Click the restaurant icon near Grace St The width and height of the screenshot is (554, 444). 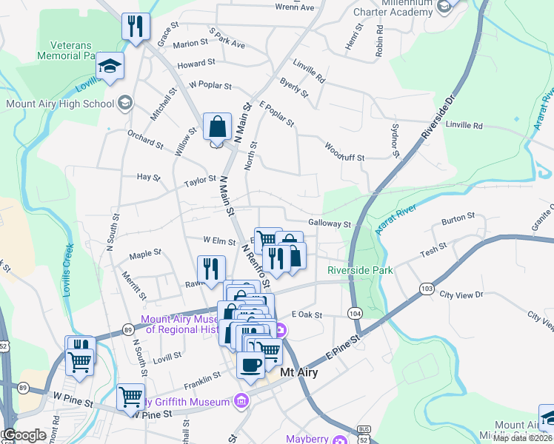[136, 27]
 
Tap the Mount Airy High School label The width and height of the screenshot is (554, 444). [59, 104]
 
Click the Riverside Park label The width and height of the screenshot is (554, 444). [360, 270]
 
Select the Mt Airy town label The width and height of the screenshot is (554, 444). [298, 373]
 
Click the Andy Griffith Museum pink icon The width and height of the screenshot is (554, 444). [240, 402]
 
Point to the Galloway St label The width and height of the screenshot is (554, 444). [329, 223]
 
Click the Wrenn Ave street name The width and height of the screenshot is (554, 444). [295, 7]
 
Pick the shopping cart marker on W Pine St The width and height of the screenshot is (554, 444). [130, 397]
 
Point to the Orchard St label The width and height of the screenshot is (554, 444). [144, 139]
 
